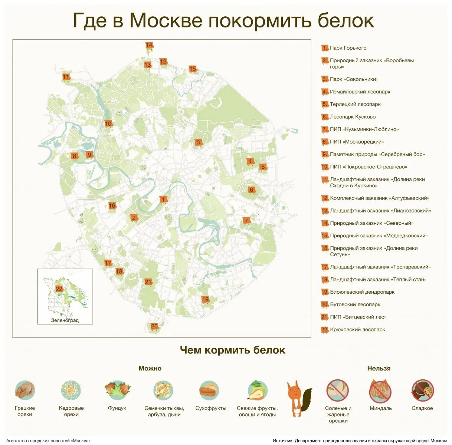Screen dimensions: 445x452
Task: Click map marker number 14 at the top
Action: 149,46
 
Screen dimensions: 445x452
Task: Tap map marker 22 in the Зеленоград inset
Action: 59,289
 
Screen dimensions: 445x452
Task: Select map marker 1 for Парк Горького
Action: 163,200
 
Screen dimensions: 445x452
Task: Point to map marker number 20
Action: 154,327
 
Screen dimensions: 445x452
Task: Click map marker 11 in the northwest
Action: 66,77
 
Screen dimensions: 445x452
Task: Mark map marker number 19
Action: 205,299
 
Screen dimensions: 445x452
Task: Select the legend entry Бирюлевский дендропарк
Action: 362,292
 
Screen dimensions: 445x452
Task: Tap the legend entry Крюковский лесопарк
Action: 357,330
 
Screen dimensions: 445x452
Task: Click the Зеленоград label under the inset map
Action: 65,320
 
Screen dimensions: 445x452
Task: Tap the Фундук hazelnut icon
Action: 117,390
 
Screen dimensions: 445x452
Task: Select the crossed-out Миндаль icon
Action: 380,390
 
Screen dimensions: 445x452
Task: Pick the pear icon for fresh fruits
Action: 257,390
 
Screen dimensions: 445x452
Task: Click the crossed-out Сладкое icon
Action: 422,390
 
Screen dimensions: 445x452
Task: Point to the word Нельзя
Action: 379,368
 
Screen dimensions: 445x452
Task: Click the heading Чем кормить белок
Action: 232,350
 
